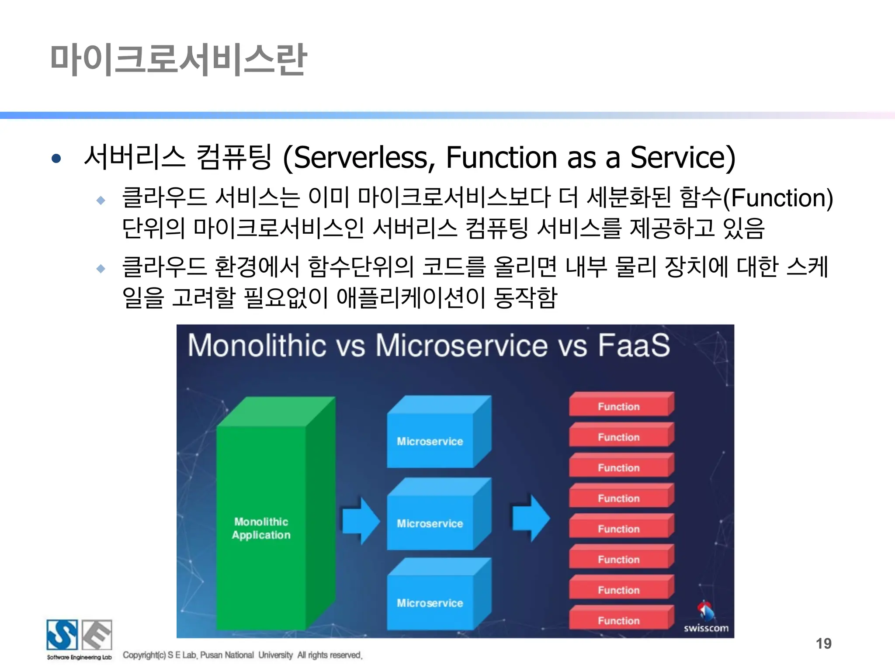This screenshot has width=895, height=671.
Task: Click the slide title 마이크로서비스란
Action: tap(178, 60)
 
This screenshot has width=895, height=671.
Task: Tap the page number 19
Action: tap(823, 643)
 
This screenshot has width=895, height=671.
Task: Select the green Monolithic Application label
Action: tap(261, 528)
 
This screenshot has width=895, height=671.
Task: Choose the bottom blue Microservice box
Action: tap(430, 602)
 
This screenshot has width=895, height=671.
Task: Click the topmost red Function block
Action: tap(619, 406)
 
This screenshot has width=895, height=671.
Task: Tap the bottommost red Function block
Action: tap(619, 620)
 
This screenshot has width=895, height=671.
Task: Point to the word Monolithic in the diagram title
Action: tap(257, 346)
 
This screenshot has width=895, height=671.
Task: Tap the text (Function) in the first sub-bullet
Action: tap(778, 198)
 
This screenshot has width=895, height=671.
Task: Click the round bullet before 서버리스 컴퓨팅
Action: tap(56, 158)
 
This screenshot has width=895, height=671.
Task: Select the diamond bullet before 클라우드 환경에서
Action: tap(101, 268)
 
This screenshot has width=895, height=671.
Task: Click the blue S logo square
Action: tap(62, 635)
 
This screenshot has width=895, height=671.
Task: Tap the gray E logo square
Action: tap(97, 635)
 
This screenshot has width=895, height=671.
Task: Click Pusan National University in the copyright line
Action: tap(246, 655)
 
